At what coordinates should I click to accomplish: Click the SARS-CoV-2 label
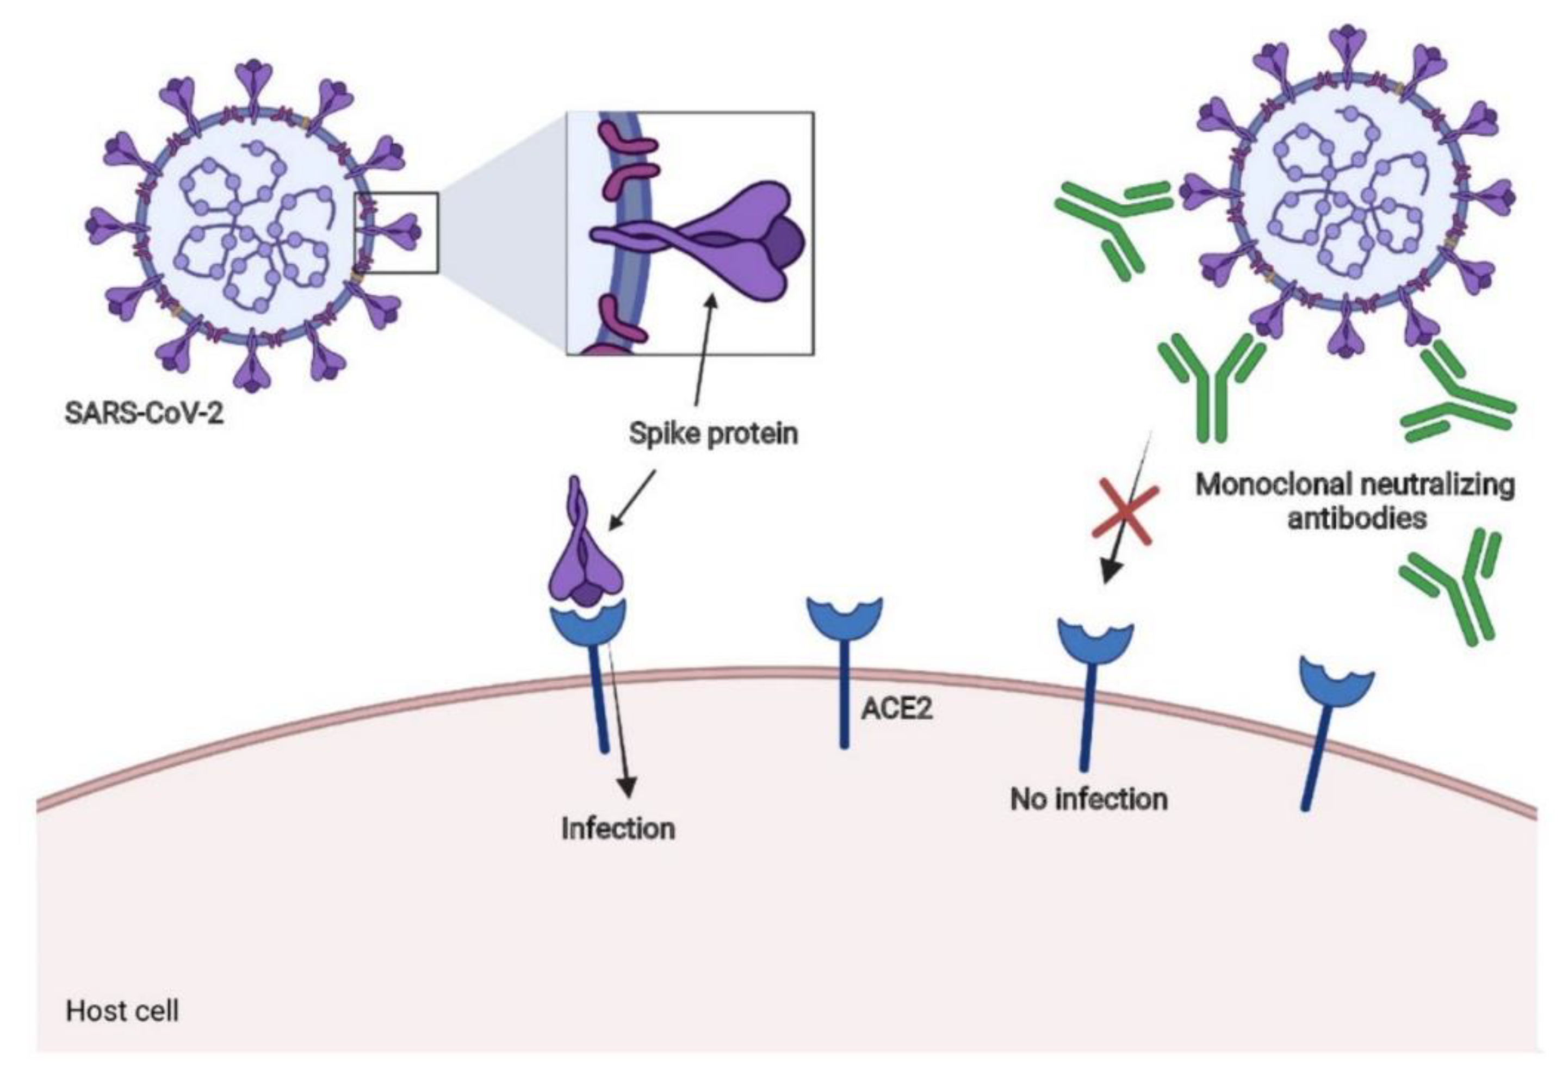tap(144, 412)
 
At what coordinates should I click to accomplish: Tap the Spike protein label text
tap(713, 433)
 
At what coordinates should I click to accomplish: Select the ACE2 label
tap(896, 708)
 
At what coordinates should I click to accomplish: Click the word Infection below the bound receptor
tap(618, 829)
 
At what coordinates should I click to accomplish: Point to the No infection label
tap(1089, 799)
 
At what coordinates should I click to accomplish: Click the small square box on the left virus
tap(397, 233)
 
